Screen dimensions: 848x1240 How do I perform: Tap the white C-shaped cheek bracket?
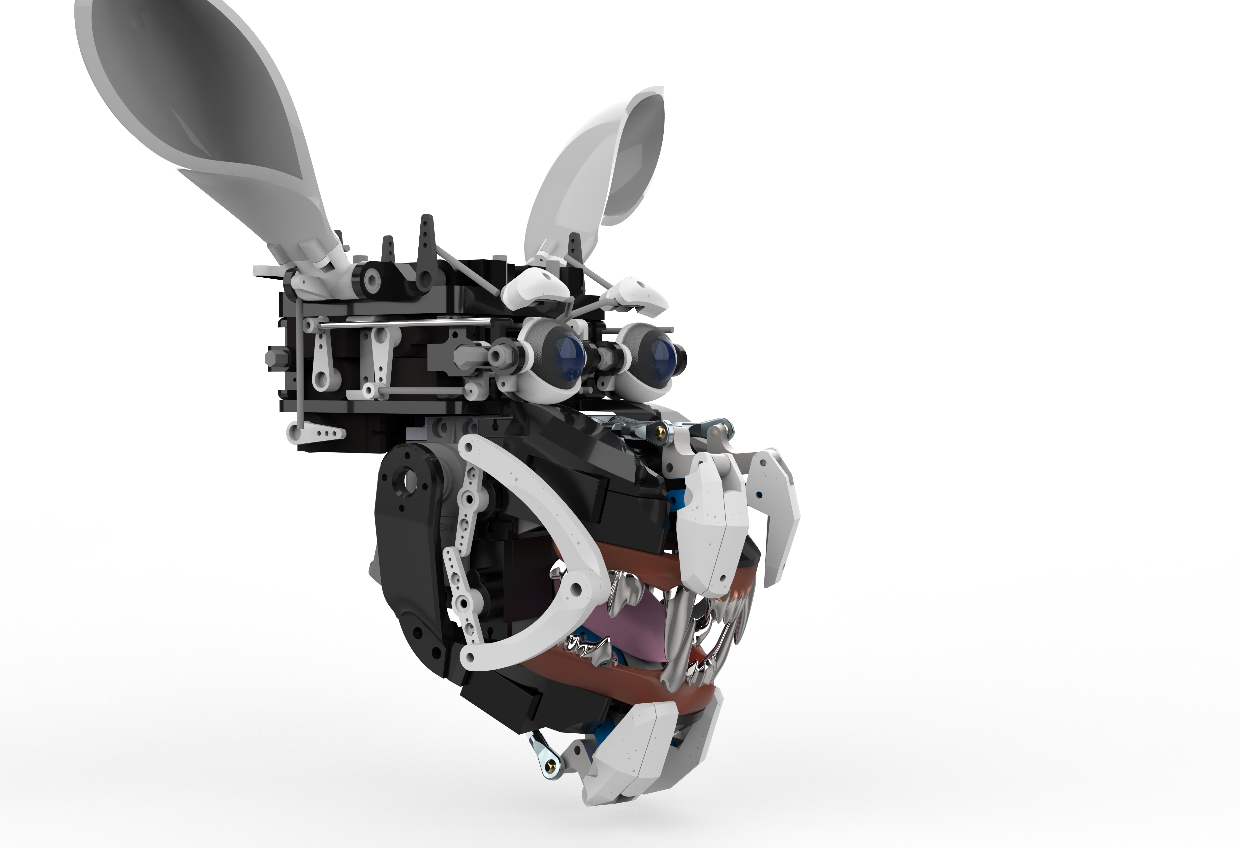tap(539, 534)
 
